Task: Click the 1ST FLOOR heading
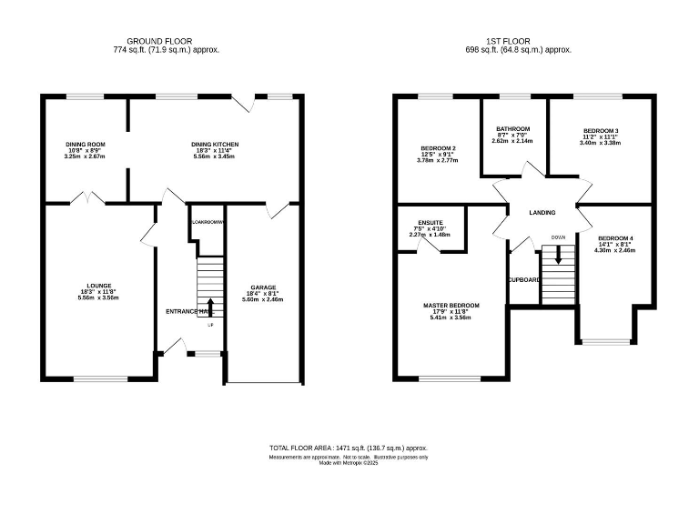(519, 41)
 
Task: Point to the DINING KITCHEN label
(214, 144)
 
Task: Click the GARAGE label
(263, 287)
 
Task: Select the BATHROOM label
(512, 129)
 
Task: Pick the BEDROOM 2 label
(438, 148)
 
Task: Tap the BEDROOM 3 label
(601, 131)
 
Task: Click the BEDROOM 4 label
(615, 238)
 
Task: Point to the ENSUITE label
(426, 222)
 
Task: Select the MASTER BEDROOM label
(451, 306)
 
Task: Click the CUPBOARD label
(525, 280)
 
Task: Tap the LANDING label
(542, 212)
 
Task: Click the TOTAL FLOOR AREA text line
(349, 448)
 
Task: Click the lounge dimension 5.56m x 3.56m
(98, 297)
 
